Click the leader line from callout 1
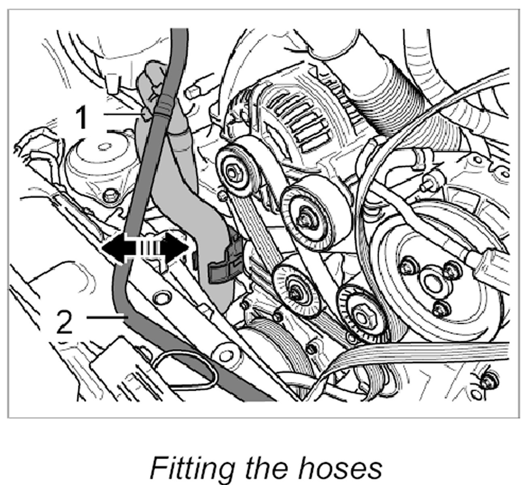coord(123,114)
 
